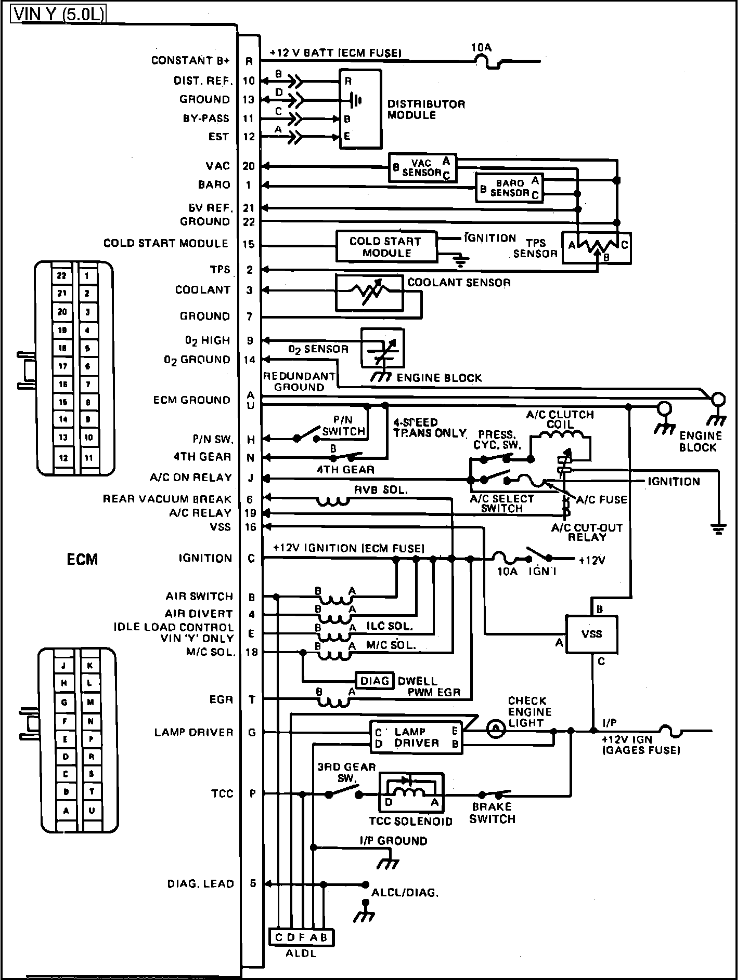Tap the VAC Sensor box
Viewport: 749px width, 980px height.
(422, 168)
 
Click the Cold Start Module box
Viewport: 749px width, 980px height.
(386, 246)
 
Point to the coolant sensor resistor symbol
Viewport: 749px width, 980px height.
(369, 294)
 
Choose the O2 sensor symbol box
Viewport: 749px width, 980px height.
(383, 348)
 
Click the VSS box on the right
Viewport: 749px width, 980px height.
(592, 634)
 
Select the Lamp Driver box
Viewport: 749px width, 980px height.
(416, 737)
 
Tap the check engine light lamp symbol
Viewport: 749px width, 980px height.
(496, 729)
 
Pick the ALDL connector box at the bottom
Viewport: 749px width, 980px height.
(301, 937)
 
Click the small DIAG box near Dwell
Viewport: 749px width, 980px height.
(374, 681)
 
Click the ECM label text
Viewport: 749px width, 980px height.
(82, 559)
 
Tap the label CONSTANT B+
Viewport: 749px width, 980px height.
(190, 61)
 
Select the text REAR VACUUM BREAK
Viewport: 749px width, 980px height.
(167, 499)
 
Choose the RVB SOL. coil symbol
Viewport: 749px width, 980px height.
(333, 501)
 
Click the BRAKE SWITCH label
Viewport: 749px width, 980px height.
(492, 813)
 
